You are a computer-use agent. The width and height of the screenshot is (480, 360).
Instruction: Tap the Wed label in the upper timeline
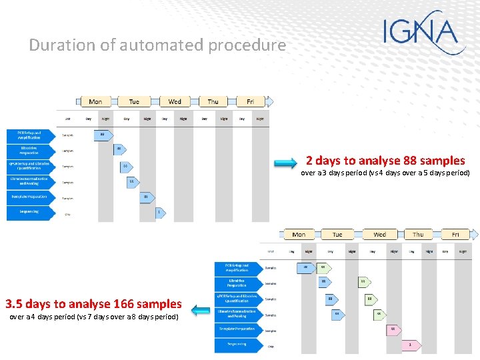(x=175, y=101)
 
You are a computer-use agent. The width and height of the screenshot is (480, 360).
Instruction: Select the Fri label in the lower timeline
(x=455, y=235)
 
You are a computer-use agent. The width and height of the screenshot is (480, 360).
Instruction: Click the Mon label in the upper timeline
(x=95, y=101)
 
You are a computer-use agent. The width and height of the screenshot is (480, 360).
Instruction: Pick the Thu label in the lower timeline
(x=418, y=235)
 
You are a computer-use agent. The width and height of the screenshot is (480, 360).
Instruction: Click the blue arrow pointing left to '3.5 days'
(x=199, y=309)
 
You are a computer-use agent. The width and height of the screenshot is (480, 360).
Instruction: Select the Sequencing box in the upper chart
(x=29, y=213)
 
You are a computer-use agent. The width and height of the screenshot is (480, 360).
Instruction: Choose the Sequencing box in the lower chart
(x=237, y=345)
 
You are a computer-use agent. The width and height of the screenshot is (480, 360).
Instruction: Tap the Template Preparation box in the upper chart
(x=29, y=197)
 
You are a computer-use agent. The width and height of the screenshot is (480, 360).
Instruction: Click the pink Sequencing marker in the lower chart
(x=410, y=345)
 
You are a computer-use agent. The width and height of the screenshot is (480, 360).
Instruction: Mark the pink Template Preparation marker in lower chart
(x=393, y=329)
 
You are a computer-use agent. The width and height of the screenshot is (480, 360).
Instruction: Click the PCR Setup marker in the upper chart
(x=102, y=135)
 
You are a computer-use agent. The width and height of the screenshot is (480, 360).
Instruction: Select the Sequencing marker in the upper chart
(x=159, y=213)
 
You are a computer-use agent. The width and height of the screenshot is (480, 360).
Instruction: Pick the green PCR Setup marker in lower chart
(x=323, y=267)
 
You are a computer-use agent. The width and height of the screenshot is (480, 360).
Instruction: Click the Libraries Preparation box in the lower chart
(x=237, y=282)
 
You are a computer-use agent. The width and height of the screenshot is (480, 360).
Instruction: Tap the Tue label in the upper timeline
(x=134, y=101)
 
